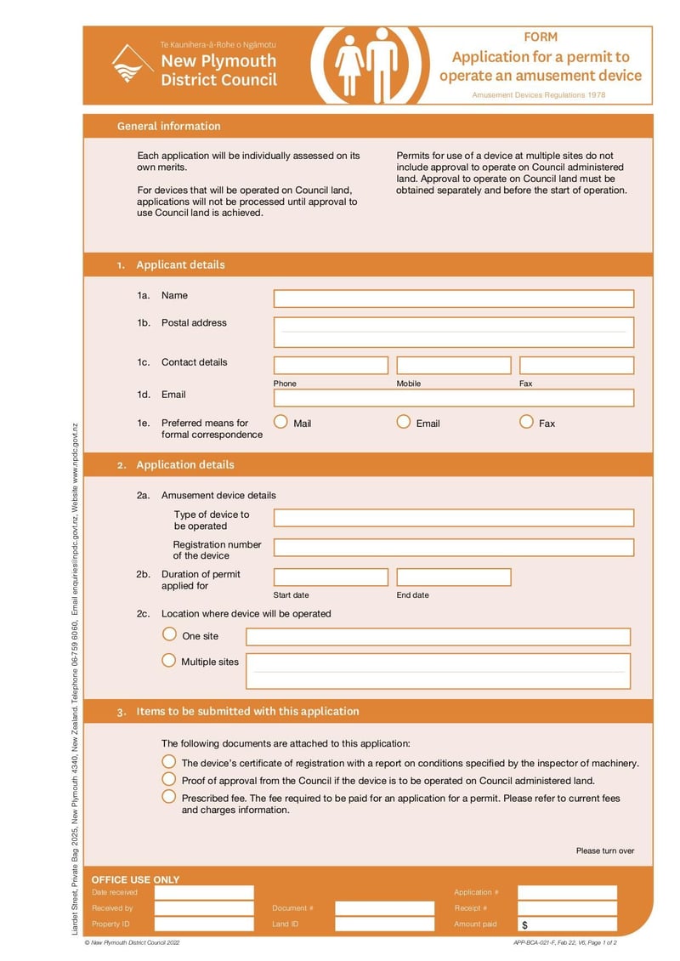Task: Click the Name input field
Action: click(453, 299)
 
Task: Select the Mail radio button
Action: click(280, 422)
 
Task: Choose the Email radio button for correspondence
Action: click(404, 422)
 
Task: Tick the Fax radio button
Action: click(526, 422)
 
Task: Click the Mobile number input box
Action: click(453, 366)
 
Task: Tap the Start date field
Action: click(331, 577)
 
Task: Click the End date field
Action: click(453, 577)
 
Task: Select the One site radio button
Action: click(169, 634)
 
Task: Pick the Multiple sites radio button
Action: click(169, 660)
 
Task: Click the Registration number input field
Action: click(453, 548)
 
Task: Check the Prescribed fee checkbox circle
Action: click(169, 797)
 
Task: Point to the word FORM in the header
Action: click(541, 37)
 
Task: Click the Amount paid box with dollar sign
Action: click(567, 924)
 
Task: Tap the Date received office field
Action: click(204, 893)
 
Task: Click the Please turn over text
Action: click(604, 850)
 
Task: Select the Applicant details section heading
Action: click(180, 264)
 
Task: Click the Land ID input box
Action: click(384, 924)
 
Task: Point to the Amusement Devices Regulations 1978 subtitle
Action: click(539, 95)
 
